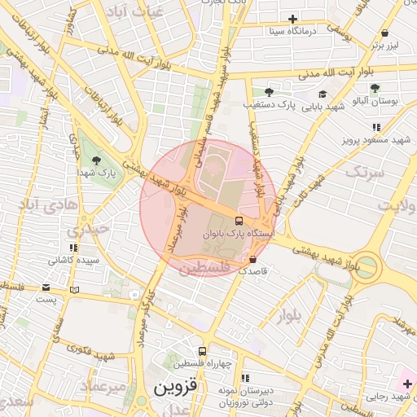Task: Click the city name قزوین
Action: pos(171,385)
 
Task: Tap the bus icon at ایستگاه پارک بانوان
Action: pos(239,221)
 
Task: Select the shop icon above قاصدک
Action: pos(252,260)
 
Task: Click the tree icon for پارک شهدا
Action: pos(97,160)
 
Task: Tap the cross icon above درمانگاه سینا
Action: pos(293,19)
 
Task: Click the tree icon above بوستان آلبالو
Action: pos(375,88)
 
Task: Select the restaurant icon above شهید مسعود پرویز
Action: pos(375,127)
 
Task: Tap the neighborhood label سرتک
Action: pos(364,172)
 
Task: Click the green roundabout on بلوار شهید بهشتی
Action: pos(366,266)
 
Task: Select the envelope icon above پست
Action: pos(46,288)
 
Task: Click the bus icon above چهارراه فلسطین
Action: pos(202,349)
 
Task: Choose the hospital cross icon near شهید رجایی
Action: pos(407,383)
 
